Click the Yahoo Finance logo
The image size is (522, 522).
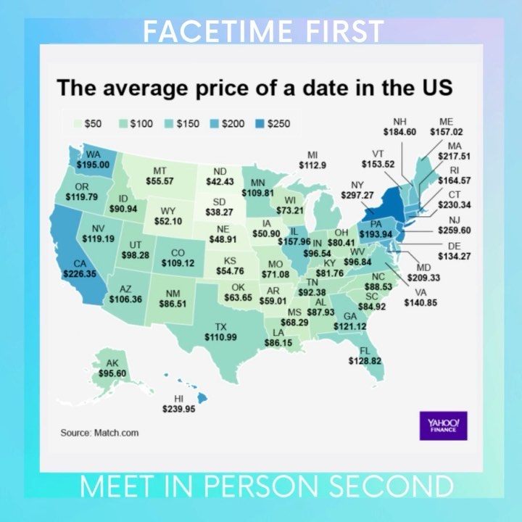point(443,425)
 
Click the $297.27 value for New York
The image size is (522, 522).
point(356,196)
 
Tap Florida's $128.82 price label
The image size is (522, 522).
point(365,360)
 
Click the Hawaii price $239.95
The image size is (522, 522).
point(179,408)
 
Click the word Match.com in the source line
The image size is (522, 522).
point(116,433)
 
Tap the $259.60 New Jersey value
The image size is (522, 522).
point(455,231)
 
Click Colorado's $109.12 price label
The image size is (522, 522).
point(178,262)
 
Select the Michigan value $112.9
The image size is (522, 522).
point(312,165)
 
